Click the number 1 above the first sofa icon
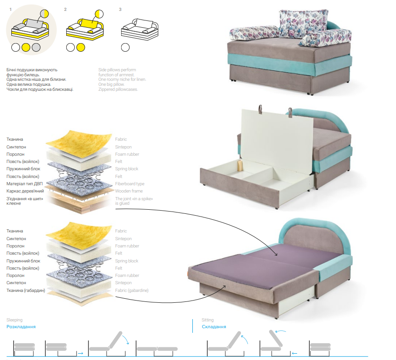[10, 10]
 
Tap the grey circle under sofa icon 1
[36, 47]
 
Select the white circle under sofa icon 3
[125, 47]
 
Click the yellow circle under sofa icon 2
[81, 47]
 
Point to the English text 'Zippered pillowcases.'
[118, 89]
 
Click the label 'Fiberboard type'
[130, 184]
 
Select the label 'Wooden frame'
[129, 191]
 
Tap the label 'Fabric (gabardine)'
[132, 291]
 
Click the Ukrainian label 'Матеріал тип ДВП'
[24, 184]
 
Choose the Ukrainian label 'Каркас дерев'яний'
[25, 191]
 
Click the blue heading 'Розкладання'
[21, 326]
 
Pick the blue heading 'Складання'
[214, 326]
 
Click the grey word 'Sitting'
[208, 320]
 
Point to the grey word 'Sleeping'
[15, 320]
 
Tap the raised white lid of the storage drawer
[277, 140]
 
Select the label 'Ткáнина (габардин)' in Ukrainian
[26, 291]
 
